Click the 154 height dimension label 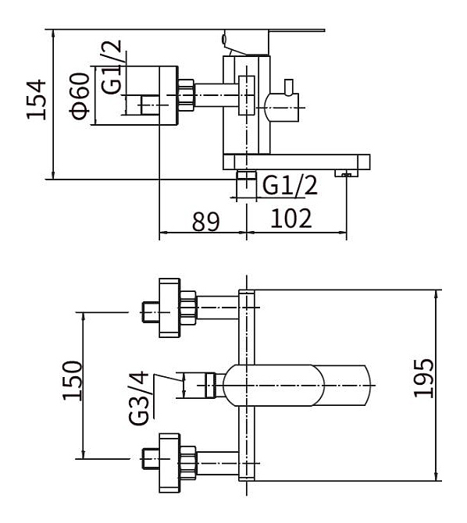pyautogui.click(x=37, y=99)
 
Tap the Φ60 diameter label pyautogui.click(x=80, y=96)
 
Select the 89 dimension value pyautogui.click(x=206, y=221)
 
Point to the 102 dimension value pyautogui.click(x=291, y=219)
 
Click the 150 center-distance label pyautogui.click(x=72, y=381)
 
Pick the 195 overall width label pyautogui.click(x=423, y=379)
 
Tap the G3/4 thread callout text pyautogui.click(x=138, y=398)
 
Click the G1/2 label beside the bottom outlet pyautogui.click(x=290, y=185)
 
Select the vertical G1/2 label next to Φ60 pyautogui.click(x=112, y=66)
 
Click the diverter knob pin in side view pyautogui.click(x=288, y=87)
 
